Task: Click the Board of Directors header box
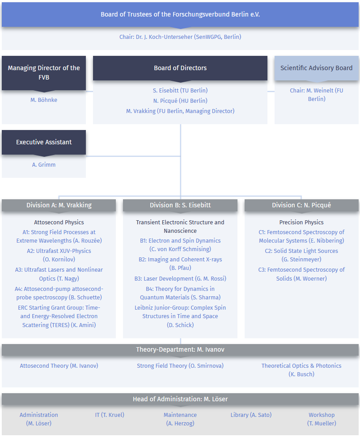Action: pyautogui.click(x=180, y=68)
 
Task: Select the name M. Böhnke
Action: pyautogui.click(x=44, y=100)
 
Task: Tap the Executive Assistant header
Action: pyautogui.click(x=44, y=142)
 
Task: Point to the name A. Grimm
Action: pyautogui.click(x=44, y=165)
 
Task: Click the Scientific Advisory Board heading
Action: pyautogui.click(x=317, y=68)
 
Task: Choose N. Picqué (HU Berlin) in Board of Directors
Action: pyautogui.click(x=180, y=101)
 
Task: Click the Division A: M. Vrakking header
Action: pyautogui.click(x=59, y=205)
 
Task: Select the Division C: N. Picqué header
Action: pyautogui.click(x=301, y=205)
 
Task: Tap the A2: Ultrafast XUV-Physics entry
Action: pyautogui.click(x=59, y=255)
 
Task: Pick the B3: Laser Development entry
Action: pyautogui.click(x=180, y=278)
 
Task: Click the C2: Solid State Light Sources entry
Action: pyautogui.click(x=301, y=255)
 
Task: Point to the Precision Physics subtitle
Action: pyautogui.click(x=301, y=222)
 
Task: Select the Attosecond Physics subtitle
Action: pyautogui.click(x=59, y=222)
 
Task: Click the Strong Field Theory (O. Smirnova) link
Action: pyautogui.click(x=180, y=366)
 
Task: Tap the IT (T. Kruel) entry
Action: pyautogui.click(x=110, y=415)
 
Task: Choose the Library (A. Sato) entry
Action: pyautogui.click(x=251, y=415)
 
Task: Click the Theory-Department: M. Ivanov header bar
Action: pyautogui.click(x=180, y=349)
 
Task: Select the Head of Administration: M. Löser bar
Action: pyautogui.click(x=180, y=399)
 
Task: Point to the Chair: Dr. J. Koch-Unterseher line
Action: pyautogui.click(x=180, y=37)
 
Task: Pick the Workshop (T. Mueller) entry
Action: pyautogui.click(x=322, y=419)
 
